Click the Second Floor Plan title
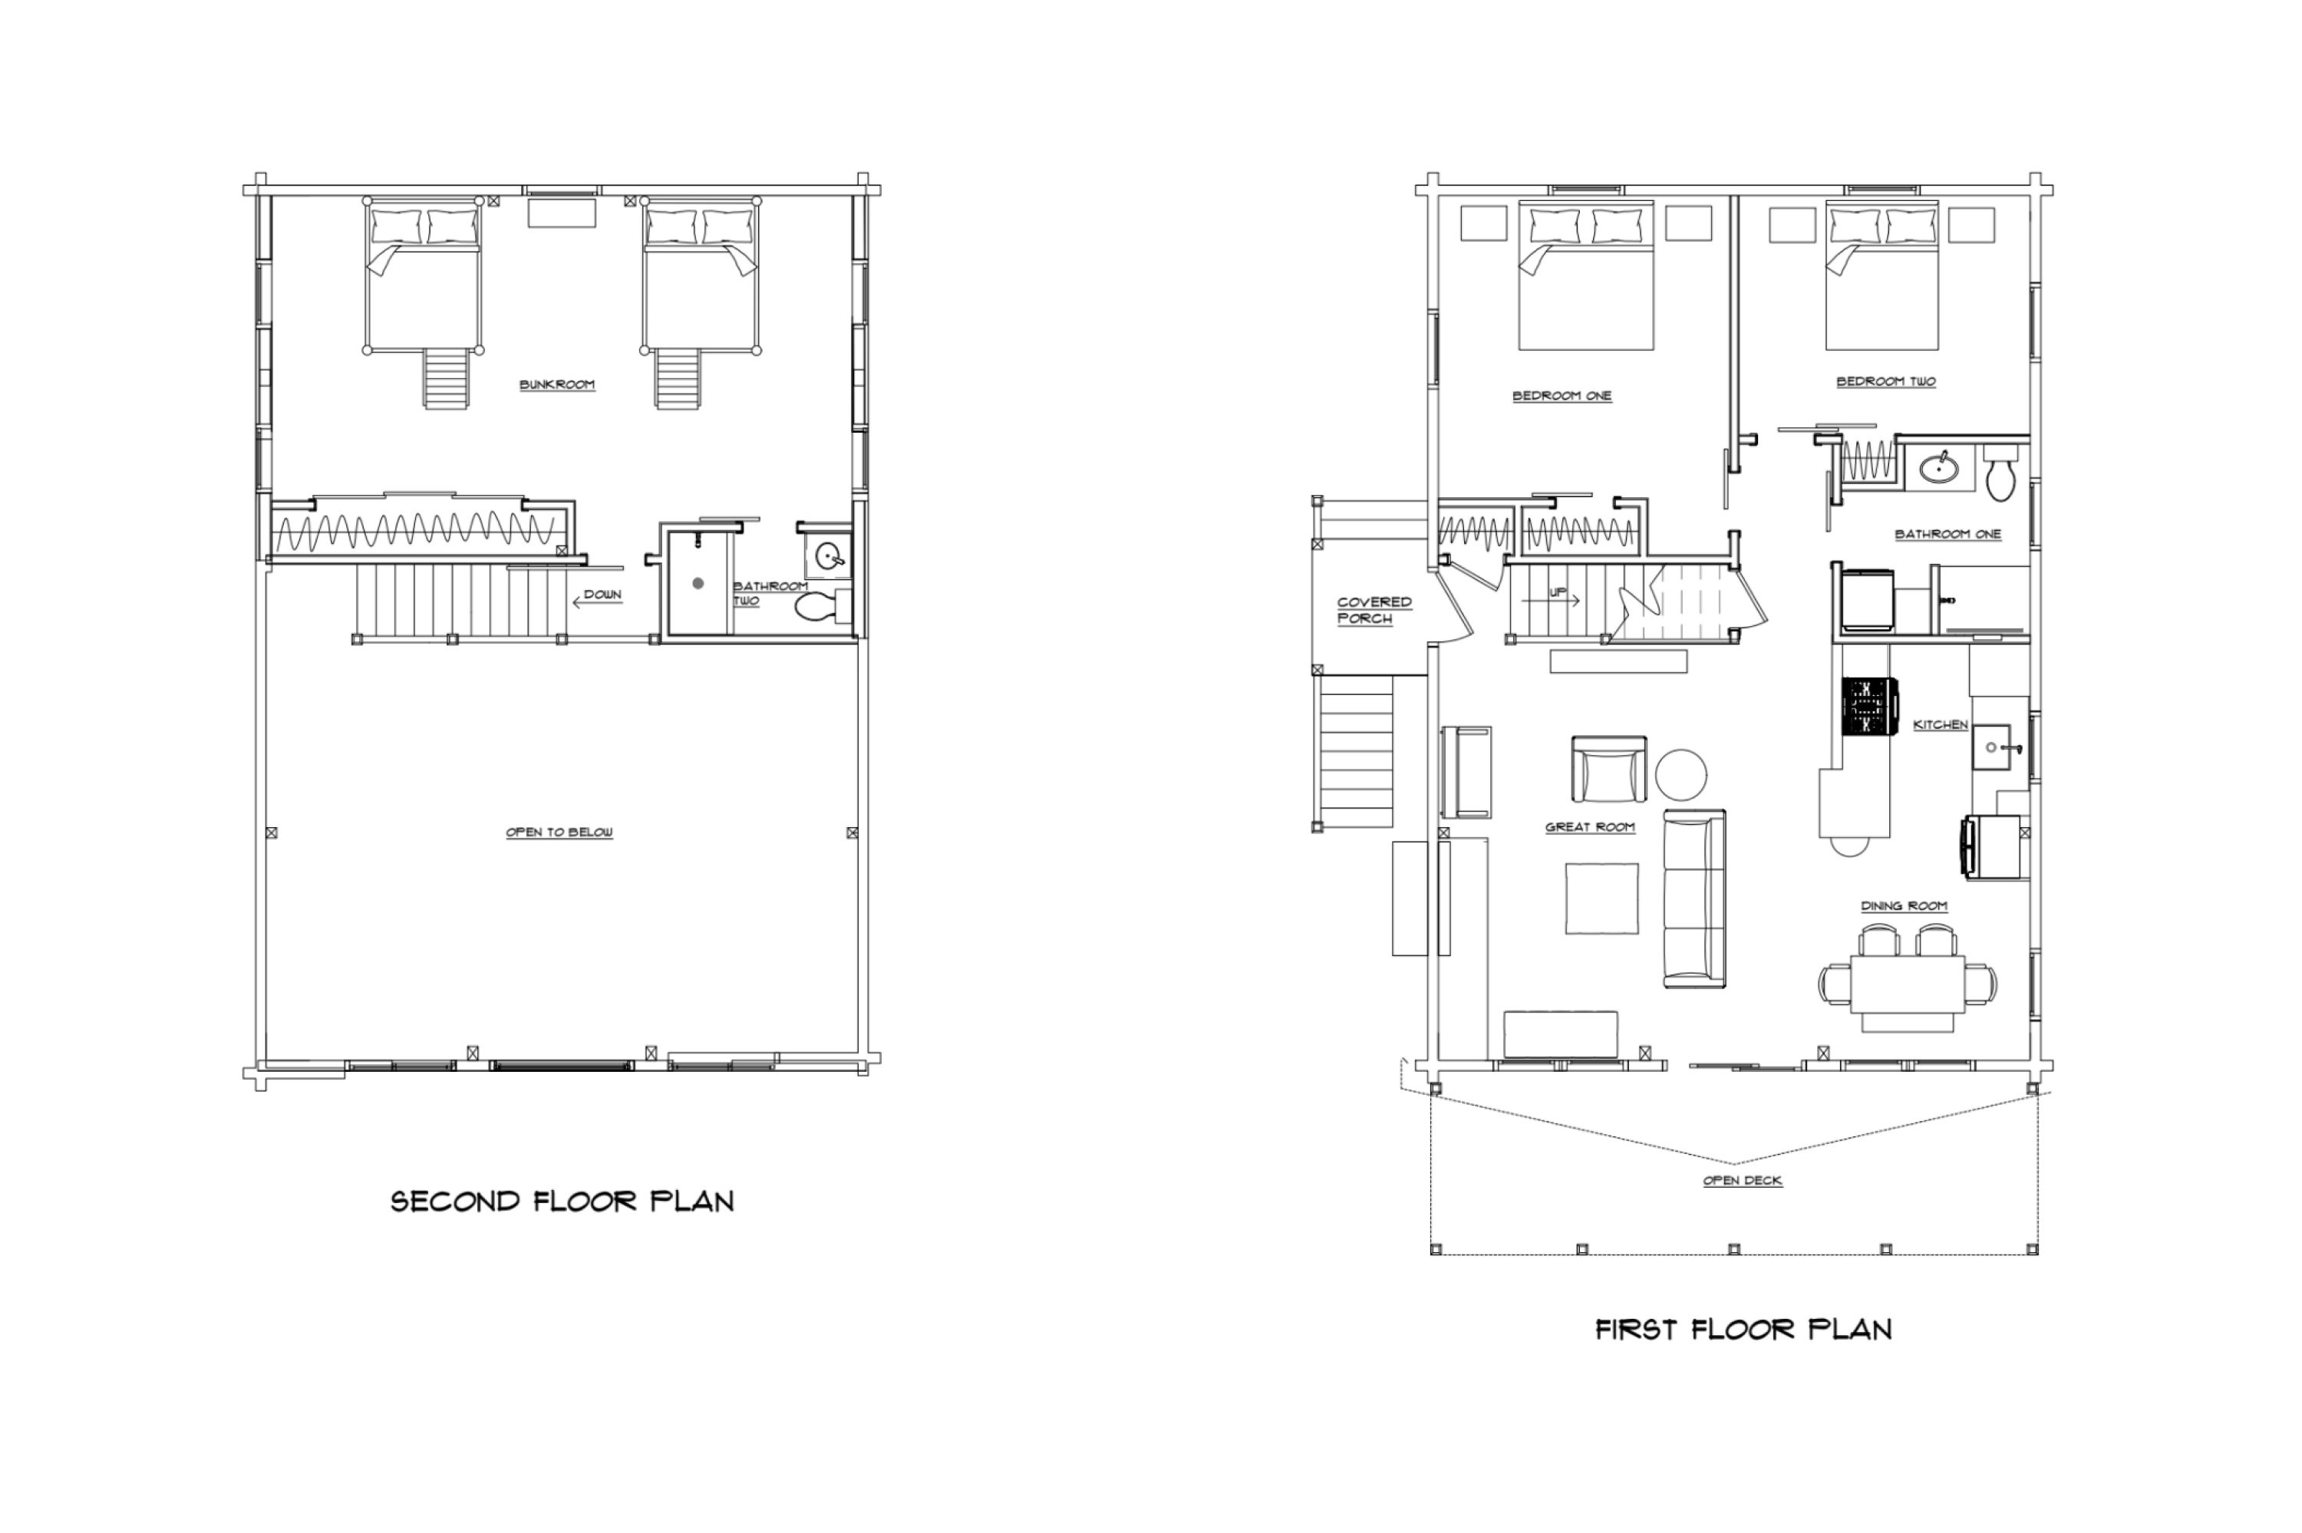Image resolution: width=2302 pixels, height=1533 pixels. coord(562,1201)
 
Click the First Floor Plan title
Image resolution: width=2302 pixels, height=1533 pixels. coord(1743,1329)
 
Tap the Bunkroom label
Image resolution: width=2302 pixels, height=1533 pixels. coord(557,384)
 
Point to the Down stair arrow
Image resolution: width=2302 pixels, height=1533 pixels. coord(596,602)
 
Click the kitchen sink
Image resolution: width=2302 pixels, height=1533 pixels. coord(1991,748)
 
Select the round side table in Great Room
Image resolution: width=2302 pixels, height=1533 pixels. coord(1681,773)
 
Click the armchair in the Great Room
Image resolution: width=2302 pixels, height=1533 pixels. coord(1608,769)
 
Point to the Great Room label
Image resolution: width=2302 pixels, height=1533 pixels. coord(1589,827)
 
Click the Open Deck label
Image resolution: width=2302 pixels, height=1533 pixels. coord(1743,1180)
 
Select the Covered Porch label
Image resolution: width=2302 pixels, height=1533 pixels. coord(1374,610)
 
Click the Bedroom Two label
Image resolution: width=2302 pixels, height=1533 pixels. coord(1885,381)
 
